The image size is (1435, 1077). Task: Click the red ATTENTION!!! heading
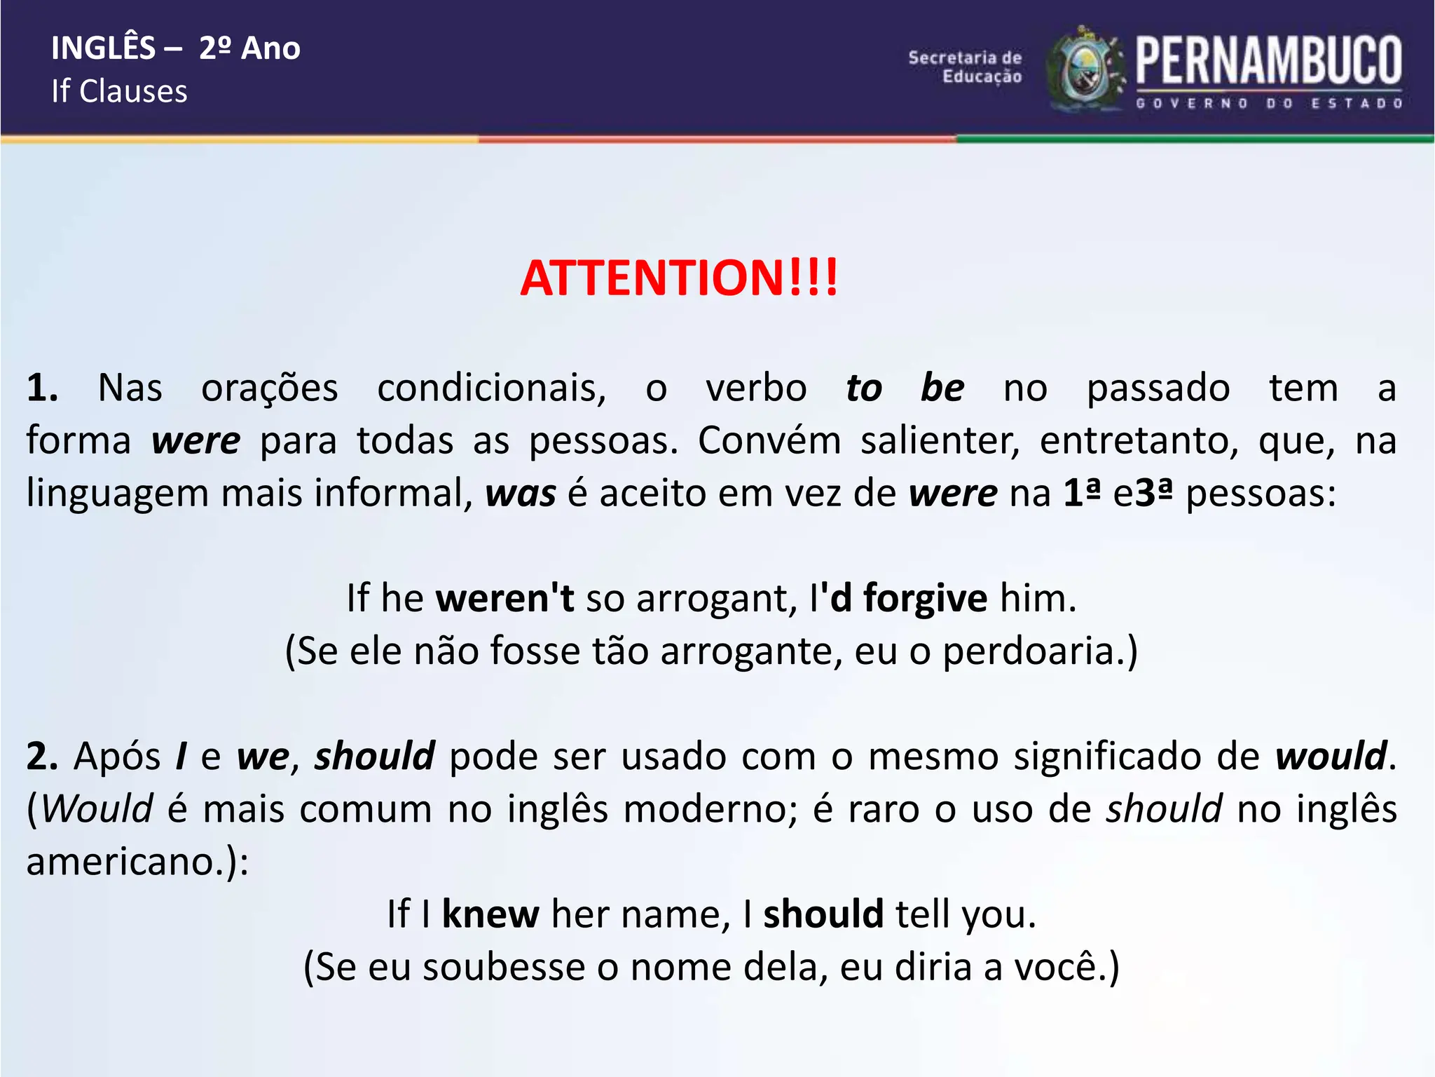click(678, 278)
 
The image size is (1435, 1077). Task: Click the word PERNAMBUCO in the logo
click(1268, 61)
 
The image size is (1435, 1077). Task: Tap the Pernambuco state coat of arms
click(1085, 70)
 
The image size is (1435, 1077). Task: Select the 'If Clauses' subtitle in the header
click(119, 91)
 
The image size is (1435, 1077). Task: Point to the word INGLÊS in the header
click(103, 48)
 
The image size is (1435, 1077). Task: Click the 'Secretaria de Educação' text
click(965, 67)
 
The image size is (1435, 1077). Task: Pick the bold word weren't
click(504, 598)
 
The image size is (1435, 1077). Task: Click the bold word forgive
click(925, 598)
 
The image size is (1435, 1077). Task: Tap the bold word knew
click(490, 914)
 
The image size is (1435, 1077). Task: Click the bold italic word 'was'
click(521, 493)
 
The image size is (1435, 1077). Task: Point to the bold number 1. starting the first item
click(42, 388)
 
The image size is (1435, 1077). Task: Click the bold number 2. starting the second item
click(42, 757)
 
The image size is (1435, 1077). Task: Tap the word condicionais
click(491, 388)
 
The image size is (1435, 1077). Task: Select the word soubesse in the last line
click(504, 967)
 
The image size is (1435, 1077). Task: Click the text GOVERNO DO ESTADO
click(1268, 104)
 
